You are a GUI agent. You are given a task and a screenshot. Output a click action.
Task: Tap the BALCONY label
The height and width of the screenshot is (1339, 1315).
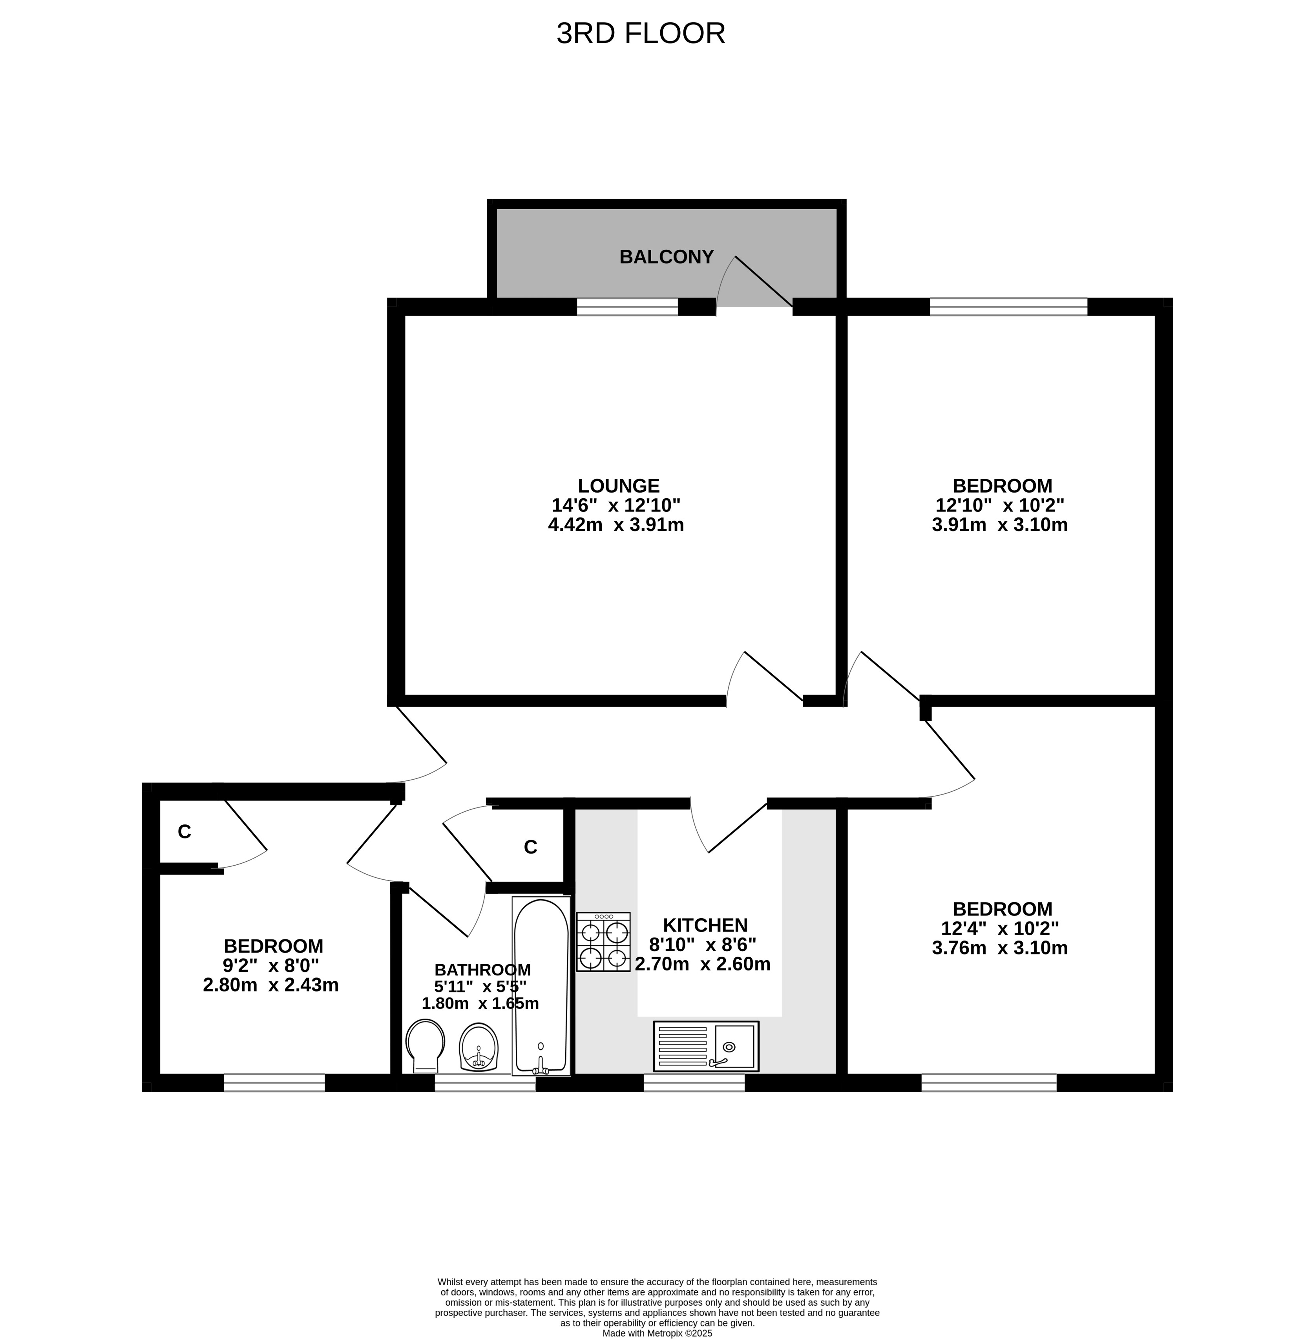(667, 257)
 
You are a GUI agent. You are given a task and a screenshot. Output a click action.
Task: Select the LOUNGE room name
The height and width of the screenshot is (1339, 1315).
(619, 486)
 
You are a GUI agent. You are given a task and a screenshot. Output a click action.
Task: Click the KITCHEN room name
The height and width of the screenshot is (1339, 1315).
(705, 925)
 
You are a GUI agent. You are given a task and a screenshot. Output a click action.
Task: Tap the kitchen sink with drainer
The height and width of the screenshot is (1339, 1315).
(706, 1046)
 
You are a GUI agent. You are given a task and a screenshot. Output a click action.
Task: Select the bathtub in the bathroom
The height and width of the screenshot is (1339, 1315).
(541, 986)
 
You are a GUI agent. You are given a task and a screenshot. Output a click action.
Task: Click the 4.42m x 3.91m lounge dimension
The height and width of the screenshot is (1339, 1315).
(616, 525)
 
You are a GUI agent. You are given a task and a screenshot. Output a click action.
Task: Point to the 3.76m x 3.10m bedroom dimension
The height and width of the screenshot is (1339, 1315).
(1000, 948)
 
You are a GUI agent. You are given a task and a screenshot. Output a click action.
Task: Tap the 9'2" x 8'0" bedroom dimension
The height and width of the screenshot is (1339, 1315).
(271, 965)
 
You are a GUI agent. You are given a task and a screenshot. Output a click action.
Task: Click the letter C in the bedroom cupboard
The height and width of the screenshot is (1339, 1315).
(184, 832)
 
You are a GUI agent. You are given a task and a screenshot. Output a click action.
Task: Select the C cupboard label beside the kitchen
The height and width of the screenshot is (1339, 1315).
(530, 847)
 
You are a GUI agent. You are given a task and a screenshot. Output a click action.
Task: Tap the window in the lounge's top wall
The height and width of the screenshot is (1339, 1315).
(628, 307)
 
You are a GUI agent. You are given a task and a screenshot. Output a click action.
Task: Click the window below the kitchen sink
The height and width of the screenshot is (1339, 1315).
(694, 1083)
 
